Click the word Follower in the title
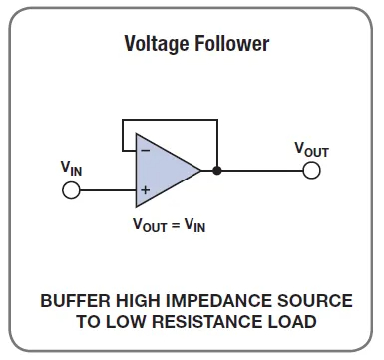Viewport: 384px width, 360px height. (231, 44)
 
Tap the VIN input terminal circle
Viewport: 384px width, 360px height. (71, 189)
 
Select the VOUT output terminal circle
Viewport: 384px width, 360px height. (311, 171)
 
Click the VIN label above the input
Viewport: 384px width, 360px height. (71, 168)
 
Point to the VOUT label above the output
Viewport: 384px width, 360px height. (311, 149)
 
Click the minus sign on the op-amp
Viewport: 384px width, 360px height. (146, 150)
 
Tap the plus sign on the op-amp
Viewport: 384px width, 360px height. (146, 189)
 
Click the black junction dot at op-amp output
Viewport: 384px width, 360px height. (217, 171)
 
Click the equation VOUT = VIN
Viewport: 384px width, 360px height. (170, 224)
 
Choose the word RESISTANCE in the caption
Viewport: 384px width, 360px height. (205, 322)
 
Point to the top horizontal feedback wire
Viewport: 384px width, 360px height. (170, 121)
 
